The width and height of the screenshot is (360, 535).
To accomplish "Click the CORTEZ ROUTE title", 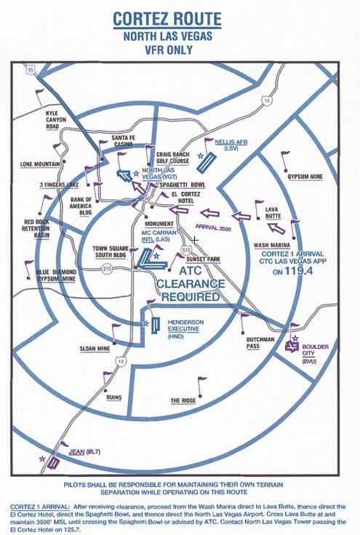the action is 167,19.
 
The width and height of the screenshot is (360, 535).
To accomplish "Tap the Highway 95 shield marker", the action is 31,70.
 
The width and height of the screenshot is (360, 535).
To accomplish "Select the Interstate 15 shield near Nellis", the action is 267,100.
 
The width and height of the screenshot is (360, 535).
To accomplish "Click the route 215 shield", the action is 107,269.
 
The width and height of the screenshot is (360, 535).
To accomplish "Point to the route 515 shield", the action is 187,250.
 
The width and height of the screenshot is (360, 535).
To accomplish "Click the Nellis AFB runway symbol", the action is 206,161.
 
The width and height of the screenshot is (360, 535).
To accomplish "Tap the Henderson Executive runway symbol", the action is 156,326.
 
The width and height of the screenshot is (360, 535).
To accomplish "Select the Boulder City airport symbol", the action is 292,347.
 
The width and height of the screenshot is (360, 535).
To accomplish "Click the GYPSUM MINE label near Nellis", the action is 305,177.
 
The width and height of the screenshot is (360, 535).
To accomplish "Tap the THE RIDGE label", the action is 183,401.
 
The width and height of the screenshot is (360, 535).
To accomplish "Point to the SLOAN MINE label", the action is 95,349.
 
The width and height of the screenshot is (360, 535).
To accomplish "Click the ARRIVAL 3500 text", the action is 213,228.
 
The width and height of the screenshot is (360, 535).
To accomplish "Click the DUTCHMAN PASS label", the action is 260,343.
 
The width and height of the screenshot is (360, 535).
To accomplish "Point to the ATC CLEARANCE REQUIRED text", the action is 191,284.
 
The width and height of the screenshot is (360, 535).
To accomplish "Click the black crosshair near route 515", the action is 194,241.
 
